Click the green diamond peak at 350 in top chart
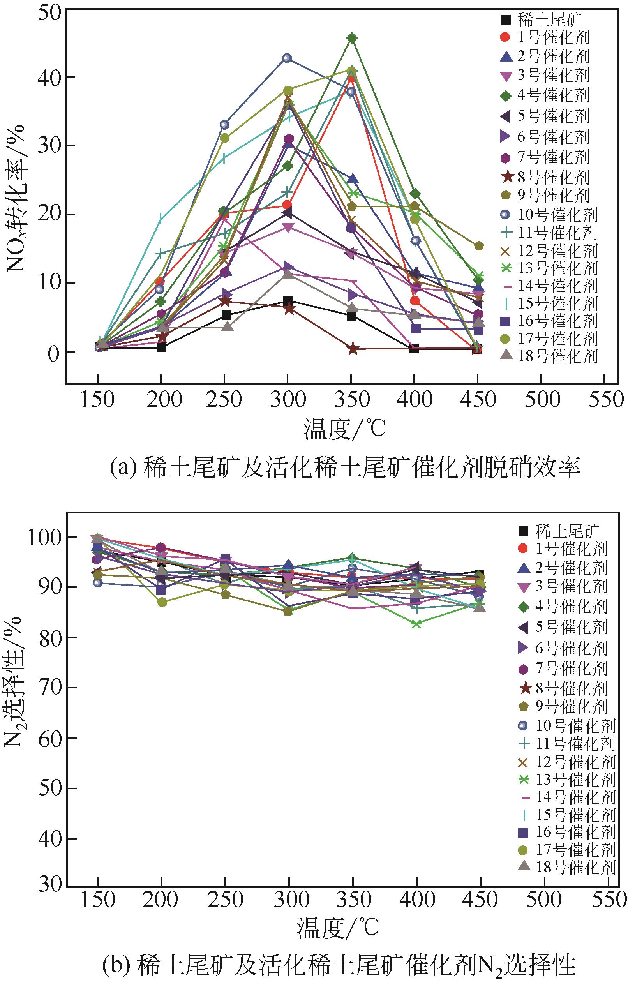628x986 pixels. [352, 38]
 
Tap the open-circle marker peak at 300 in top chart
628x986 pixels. [288, 58]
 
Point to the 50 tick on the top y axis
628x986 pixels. [49, 9]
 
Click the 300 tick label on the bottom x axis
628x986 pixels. [289, 901]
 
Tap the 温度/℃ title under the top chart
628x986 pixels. [344, 429]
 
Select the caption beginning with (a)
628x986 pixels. [345, 467]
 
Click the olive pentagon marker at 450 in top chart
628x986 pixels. [479, 246]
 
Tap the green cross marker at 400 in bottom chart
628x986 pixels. [416, 624]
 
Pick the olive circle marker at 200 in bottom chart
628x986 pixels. [162, 602]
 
